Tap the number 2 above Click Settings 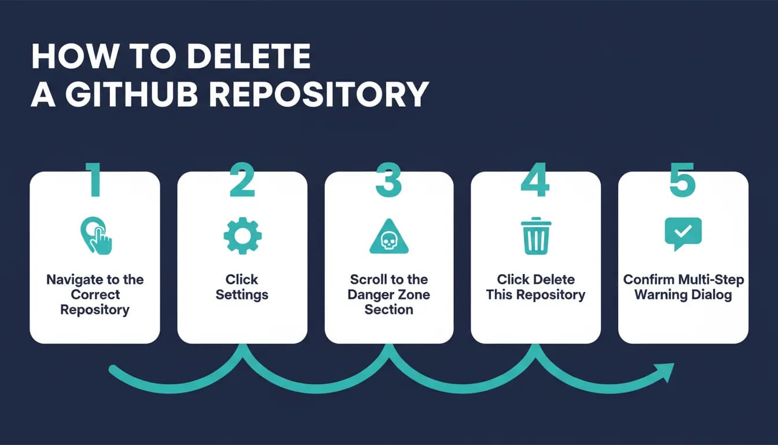242,180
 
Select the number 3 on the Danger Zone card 388,180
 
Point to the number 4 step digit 535,180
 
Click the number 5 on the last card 682,180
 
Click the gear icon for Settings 243,236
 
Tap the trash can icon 536,236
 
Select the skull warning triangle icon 389,237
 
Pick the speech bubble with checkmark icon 683,234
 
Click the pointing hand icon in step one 96,236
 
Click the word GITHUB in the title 131,94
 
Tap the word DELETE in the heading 248,56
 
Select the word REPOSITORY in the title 319,94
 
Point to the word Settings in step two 242,295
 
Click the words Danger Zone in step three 388,294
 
